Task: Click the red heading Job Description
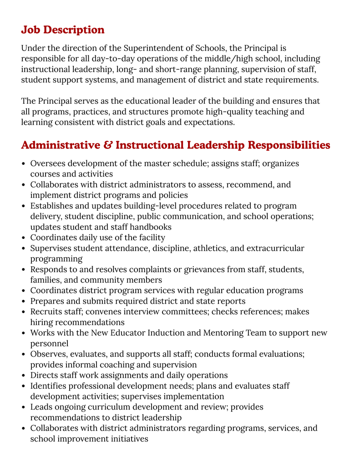[x=63, y=30]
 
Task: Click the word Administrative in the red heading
[x=61, y=145]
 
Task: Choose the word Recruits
[x=46, y=312]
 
